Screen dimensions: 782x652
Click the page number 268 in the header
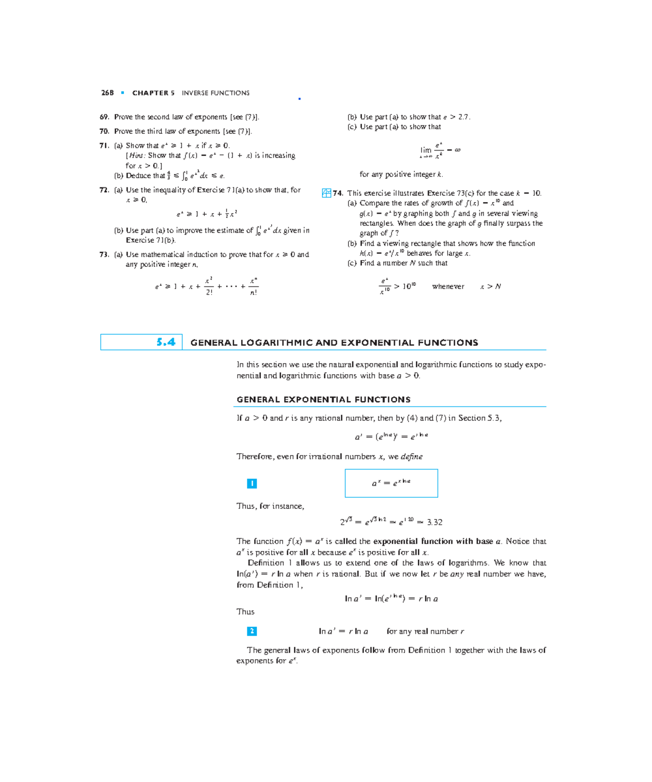pyautogui.click(x=107, y=93)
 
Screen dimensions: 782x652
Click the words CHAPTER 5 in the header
pyautogui.click(x=153, y=93)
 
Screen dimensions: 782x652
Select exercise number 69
pyautogui.click(x=104, y=117)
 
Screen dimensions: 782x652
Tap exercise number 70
pyautogui.click(x=104, y=131)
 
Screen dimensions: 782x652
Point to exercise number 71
pyautogui.click(x=104, y=146)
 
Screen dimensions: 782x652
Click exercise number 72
pyautogui.click(x=104, y=190)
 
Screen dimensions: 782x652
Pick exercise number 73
pyautogui.click(x=104, y=254)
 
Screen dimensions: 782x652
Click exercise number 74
pyautogui.click(x=338, y=193)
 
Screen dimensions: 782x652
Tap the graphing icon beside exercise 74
pyautogui.click(x=327, y=193)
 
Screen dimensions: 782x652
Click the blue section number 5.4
pyautogui.click(x=166, y=342)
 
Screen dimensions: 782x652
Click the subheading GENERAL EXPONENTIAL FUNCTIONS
pyautogui.click(x=323, y=399)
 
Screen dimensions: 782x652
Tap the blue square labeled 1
pyautogui.click(x=252, y=483)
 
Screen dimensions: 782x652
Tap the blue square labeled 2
pyautogui.click(x=252, y=631)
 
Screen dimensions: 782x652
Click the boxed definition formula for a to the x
pyautogui.click(x=391, y=483)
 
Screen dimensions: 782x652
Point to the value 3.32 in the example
pyautogui.click(x=435, y=522)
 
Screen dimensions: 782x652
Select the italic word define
pyautogui.click(x=411, y=456)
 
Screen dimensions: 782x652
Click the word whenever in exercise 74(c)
pyautogui.click(x=448, y=286)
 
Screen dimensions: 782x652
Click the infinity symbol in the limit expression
pyautogui.click(x=457, y=150)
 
